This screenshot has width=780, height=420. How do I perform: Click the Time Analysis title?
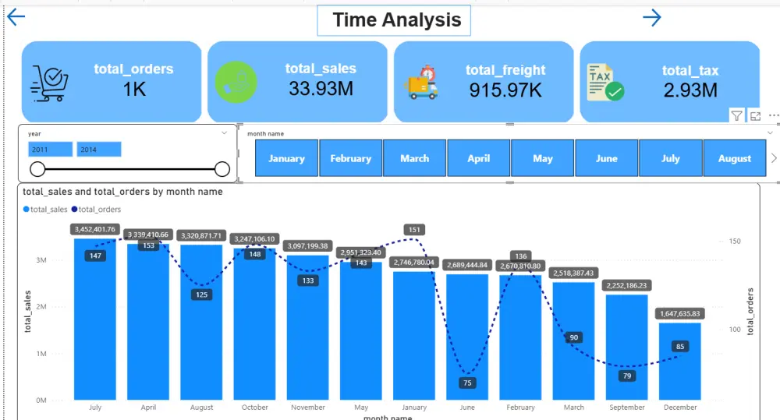point(396,20)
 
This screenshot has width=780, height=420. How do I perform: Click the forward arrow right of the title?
point(652,18)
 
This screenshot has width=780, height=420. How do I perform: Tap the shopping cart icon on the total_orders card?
point(49,83)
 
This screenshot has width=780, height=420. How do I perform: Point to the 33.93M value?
point(321,89)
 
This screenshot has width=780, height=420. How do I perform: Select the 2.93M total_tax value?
point(690,90)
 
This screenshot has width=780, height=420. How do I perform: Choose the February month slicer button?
point(350,158)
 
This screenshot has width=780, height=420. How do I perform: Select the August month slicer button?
point(734,158)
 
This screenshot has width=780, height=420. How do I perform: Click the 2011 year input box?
point(50,149)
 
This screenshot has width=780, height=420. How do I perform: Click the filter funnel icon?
point(736,115)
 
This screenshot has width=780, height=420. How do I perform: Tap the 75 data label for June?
point(467,383)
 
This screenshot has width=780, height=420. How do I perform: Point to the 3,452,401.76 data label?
point(95,229)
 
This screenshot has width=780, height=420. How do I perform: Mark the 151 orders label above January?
point(414,229)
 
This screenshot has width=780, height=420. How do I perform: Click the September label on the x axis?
point(626,408)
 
